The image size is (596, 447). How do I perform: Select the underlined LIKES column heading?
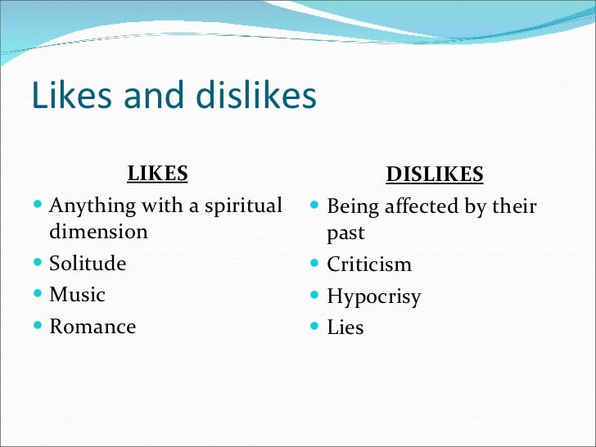[x=157, y=174]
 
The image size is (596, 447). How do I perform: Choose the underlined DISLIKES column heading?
[x=435, y=174]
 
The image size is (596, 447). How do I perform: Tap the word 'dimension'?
[x=98, y=232]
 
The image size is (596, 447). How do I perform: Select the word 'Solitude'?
[x=88, y=264]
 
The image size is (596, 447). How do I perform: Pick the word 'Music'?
[x=77, y=295]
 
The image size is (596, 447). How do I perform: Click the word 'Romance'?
[x=93, y=327]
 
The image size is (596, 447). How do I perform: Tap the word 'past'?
[x=345, y=233]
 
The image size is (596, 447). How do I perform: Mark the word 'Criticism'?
[x=369, y=265]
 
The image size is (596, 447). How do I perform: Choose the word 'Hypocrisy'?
[x=373, y=296]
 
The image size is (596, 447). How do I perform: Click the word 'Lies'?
[x=345, y=328]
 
